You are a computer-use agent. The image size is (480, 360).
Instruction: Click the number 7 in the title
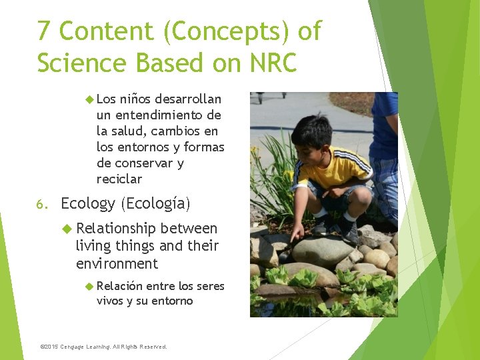[44, 31]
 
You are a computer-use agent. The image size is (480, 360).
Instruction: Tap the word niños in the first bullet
[135, 99]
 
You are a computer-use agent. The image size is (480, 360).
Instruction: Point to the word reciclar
[119, 179]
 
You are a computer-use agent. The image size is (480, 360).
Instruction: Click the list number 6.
[41, 204]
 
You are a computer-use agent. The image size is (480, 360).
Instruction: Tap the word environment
[117, 263]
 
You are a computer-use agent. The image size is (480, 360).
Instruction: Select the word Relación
[119, 286]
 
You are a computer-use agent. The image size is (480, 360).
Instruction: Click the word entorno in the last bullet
[171, 301]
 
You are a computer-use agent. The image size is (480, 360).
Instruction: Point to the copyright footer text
[104, 347]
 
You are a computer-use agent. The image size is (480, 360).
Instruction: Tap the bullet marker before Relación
[90, 286]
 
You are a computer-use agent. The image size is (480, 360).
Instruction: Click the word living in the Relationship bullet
[93, 246]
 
